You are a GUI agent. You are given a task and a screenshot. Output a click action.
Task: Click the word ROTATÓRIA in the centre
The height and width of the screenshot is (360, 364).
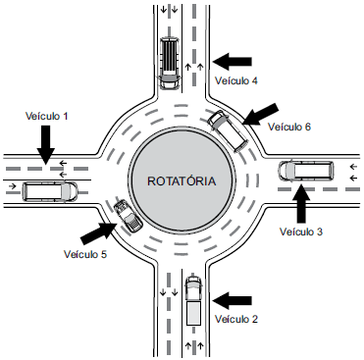coord(182,180)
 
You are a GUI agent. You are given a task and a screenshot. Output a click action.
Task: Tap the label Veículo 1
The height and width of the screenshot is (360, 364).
coord(47,116)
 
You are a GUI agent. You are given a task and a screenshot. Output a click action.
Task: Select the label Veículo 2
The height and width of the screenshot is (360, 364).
coord(236,319)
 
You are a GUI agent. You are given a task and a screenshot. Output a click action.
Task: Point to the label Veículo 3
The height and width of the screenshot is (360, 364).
coord(301,231)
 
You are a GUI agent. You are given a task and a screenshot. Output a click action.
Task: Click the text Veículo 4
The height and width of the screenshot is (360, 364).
coord(236,80)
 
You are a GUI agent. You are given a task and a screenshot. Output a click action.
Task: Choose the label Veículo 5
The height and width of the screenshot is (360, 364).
coord(85,254)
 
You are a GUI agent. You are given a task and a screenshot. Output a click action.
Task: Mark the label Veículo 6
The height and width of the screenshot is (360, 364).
coord(289,127)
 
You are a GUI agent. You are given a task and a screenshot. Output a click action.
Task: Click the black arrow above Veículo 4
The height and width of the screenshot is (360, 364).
coord(233,62)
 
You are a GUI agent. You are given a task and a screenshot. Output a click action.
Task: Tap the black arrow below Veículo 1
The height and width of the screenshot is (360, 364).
coord(45,145)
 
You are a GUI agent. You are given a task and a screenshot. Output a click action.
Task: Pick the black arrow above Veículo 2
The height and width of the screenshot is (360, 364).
coord(233,300)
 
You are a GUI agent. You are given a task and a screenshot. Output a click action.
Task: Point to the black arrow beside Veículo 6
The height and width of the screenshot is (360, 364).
coord(261,114)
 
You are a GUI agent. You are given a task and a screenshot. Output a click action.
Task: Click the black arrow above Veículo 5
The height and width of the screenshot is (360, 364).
coord(99,232)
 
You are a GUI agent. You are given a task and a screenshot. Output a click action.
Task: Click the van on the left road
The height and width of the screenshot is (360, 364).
coord(50,191)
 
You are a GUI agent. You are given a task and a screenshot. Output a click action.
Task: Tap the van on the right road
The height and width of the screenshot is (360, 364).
coord(306,171)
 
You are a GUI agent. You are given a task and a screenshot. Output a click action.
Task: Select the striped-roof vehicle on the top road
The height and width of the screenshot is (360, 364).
coord(169,63)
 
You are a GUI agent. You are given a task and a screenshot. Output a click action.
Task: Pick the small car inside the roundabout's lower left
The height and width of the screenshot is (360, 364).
coord(128,216)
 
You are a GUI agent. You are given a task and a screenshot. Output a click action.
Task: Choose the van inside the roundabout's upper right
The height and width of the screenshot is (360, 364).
coord(229,130)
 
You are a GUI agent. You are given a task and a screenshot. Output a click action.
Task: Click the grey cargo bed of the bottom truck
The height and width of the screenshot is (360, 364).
coord(193,313)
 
